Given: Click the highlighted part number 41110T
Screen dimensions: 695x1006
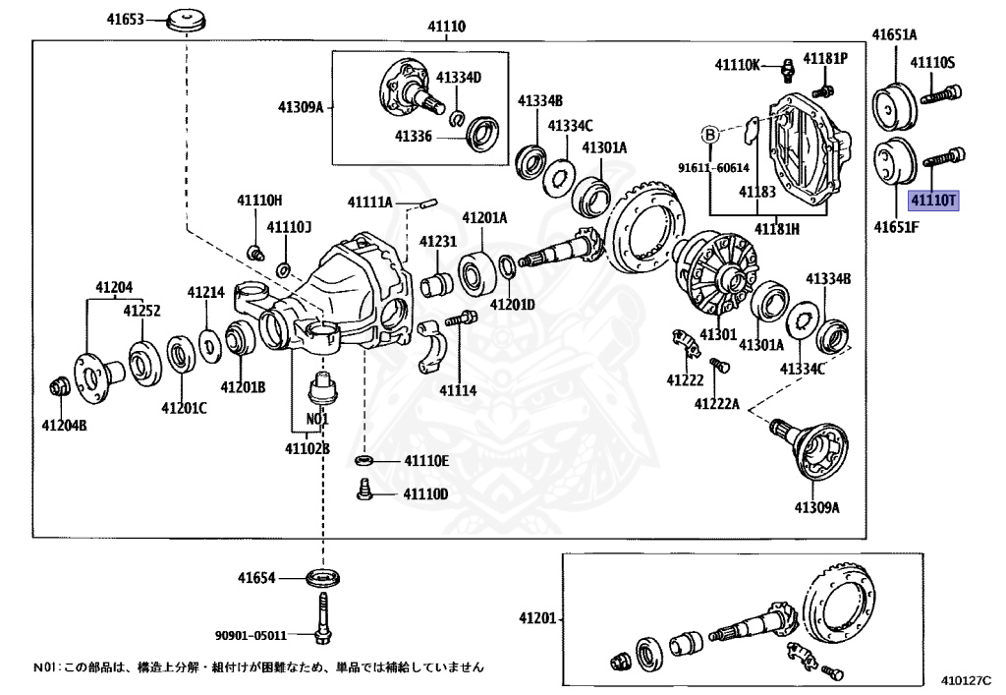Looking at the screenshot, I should [x=932, y=202].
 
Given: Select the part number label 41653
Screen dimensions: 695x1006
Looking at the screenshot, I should [x=125, y=20].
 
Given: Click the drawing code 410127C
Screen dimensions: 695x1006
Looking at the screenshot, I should [x=966, y=679].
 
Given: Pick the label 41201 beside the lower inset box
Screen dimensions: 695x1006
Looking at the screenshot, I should [x=537, y=619].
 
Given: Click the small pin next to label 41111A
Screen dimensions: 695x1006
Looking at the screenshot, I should [x=428, y=204].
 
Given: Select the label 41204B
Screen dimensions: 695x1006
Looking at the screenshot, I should [x=64, y=425].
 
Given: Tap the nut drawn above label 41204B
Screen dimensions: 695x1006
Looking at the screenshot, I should [x=58, y=386].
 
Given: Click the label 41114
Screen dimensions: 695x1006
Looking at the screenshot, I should [x=458, y=390].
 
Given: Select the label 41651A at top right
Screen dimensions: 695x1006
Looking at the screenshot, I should [x=894, y=35].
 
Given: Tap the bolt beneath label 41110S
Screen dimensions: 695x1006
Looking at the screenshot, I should [x=942, y=94].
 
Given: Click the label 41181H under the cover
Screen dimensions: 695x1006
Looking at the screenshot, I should [x=776, y=229].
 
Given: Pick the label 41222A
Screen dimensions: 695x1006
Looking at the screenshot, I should [x=716, y=403].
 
